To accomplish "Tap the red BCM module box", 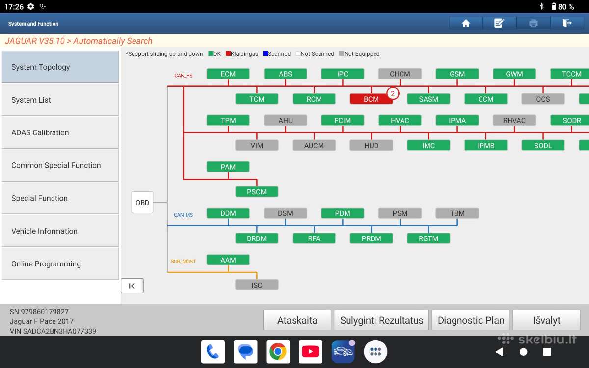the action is point(371,99).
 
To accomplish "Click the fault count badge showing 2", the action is point(393,93).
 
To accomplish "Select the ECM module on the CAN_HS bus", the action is point(228,74).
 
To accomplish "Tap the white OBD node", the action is point(142,202).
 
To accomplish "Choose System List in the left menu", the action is point(60,100).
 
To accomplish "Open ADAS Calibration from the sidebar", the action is point(60,132).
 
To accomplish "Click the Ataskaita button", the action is point(297,320).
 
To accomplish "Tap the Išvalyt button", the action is point(546,320).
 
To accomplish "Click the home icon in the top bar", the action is point(466,24).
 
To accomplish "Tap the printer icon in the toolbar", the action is point(533,24).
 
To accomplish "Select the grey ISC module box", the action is point(257,285).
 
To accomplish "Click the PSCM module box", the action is point(257,192).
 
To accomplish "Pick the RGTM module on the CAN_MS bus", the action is point(428,238).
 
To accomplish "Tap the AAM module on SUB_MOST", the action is point(228,260).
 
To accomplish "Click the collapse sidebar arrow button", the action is point(132,286).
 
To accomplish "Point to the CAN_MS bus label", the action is point(183,215).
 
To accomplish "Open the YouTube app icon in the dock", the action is point(310,351).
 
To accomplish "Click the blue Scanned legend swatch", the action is point(266,53).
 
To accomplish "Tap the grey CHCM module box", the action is point(400,74).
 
